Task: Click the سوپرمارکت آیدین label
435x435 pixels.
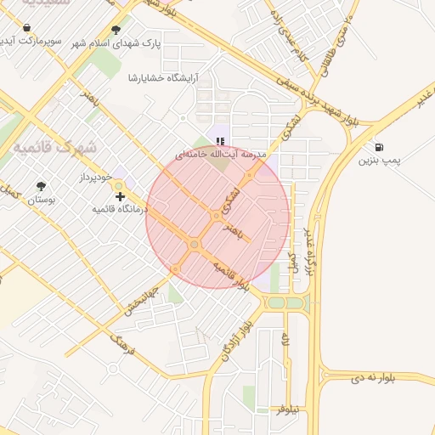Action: [x=32, y=42]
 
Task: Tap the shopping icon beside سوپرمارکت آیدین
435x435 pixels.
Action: [x=28, y=28]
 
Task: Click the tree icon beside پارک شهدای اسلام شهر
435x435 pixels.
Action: [x=116, y=30]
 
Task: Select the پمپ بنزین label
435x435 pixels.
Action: [x=378, y=160]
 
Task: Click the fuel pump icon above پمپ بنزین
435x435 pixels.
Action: [x=378, y=147]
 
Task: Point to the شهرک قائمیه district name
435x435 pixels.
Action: [x=50, y=146]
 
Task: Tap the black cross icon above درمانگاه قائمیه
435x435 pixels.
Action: [x=120, y=196]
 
